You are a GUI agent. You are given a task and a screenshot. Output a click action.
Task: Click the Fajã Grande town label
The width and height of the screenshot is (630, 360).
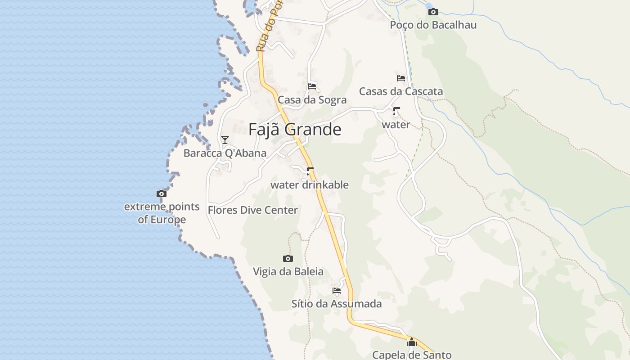(295, 130)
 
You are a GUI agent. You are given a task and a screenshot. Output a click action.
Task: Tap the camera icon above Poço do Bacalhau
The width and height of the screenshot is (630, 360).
(433, 12)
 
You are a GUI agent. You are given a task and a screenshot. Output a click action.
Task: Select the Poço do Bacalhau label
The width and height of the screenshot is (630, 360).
(433, 25)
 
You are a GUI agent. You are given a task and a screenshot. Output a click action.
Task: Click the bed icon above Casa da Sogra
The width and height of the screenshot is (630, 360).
(312, 86)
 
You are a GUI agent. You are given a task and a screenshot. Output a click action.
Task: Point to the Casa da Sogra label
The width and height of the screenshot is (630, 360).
(312, 100)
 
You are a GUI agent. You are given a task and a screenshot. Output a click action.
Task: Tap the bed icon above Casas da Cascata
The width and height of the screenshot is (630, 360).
(400, 78)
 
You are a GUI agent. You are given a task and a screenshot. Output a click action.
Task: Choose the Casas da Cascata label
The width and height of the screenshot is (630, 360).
(400, 91)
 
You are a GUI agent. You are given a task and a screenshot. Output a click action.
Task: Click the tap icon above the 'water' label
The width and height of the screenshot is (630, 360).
(396, 111)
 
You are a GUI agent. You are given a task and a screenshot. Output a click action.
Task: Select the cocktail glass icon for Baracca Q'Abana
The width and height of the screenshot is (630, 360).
(225, 139)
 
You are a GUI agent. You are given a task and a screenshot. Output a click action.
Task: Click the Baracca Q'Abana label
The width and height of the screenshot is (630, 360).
(225, 153)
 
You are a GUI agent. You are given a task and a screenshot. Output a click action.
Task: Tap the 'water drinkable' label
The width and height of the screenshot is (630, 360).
(309, 185)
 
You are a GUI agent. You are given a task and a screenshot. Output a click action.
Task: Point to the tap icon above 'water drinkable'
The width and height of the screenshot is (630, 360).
(309, 171)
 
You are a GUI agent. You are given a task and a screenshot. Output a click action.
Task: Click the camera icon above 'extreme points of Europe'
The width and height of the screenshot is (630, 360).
(162, 194)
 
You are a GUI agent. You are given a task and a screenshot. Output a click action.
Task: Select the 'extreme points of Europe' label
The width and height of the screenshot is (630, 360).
(162, 213)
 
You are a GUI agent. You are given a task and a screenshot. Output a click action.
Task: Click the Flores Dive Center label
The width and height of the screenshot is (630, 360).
(252, 210)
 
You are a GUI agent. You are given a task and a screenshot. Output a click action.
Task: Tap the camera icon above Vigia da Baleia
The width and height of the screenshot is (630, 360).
(288, 258)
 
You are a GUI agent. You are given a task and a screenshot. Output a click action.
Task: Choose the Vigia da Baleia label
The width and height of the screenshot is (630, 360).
(288, 272)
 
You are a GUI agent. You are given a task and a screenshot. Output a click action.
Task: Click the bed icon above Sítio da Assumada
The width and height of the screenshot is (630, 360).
(337, 291)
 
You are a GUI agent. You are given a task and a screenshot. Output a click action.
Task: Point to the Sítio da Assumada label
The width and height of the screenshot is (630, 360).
(337, 304)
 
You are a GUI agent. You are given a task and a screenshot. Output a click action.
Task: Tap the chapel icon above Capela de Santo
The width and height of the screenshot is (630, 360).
(411, 342)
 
